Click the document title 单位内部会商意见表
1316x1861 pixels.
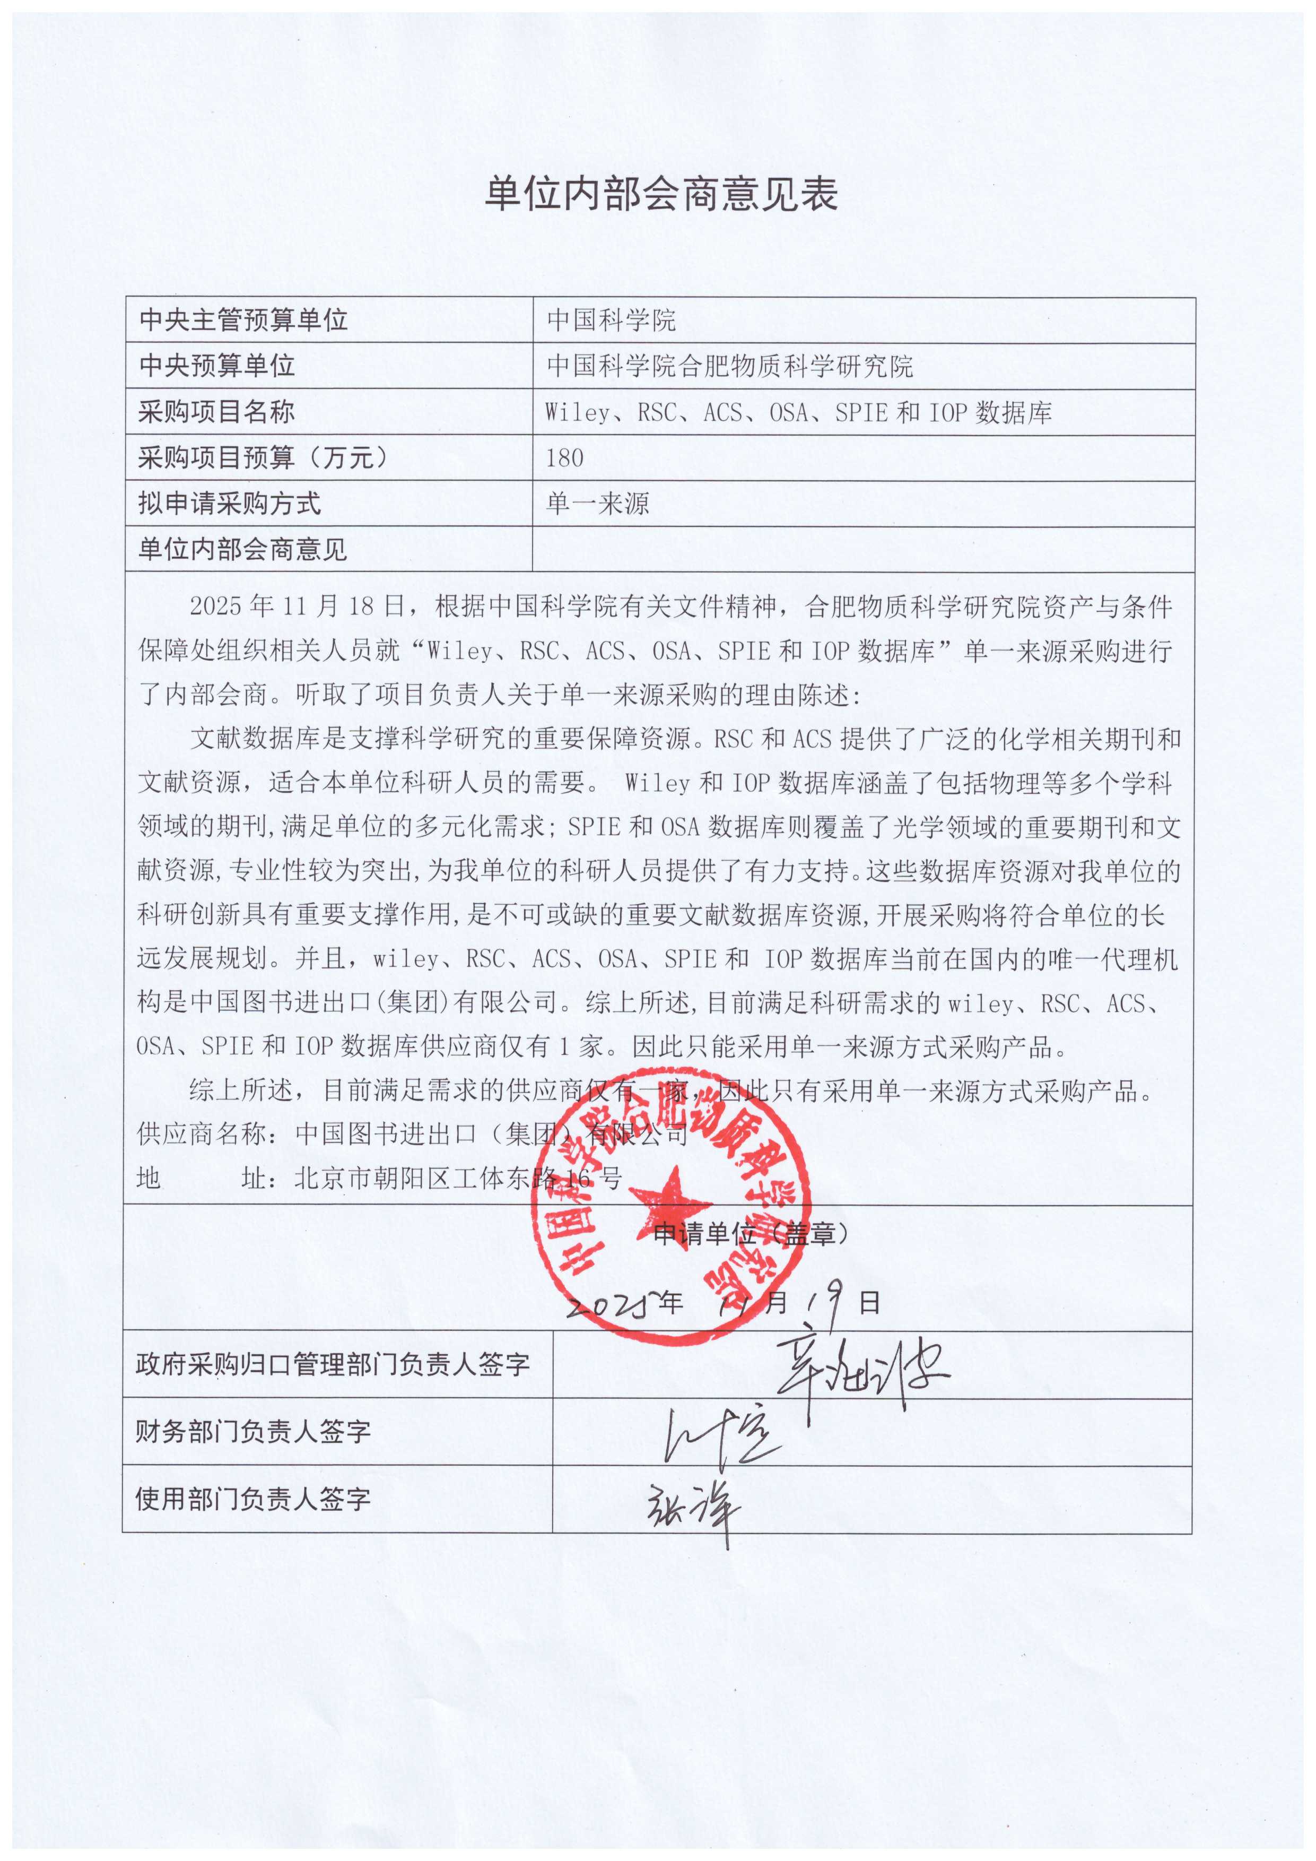[x=660, y=195]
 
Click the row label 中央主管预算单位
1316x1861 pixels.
[x=243, y=320]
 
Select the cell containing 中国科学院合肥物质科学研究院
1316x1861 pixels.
[x=729, y=366]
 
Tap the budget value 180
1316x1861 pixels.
[x=565, y=458]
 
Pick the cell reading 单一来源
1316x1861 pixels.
[x=598, y=504]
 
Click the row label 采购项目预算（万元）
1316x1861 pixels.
[x=264, y=458]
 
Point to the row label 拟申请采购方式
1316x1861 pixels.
[x=229, y=504]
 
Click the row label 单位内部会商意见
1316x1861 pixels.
[x=242, y=550]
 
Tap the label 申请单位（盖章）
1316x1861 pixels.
[x=752, y=1234]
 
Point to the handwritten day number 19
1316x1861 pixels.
[x=826, y=1301]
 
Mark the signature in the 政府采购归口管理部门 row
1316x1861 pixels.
[x=859, y=1370]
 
